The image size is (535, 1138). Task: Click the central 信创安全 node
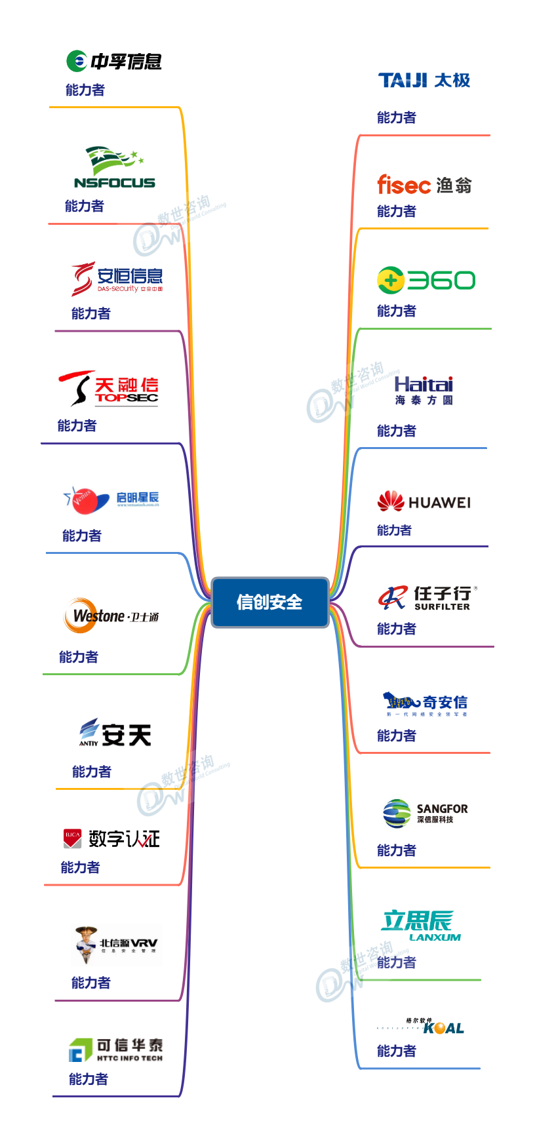pos(269,602)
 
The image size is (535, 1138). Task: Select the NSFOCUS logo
pos(115,168)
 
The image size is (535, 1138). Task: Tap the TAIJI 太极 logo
pos(424,81)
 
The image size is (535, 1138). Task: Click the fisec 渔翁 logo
pos(424,185)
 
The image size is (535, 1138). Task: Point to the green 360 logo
pos(426,281)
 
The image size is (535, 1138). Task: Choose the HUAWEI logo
pos(424,502)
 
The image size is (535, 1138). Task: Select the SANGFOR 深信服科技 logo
pos(426,814)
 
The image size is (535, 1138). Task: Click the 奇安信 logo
pos(426,704)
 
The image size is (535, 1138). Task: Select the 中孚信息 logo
pos(114,62)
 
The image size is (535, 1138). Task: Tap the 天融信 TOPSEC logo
pos(109,388)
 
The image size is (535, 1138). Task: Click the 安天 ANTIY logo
pos(115,734)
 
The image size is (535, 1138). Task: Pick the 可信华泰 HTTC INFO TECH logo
pos(116,1049)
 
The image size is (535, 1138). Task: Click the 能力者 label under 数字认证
pos(80,867)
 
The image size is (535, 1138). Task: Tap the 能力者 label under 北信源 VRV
pos(91,983)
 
